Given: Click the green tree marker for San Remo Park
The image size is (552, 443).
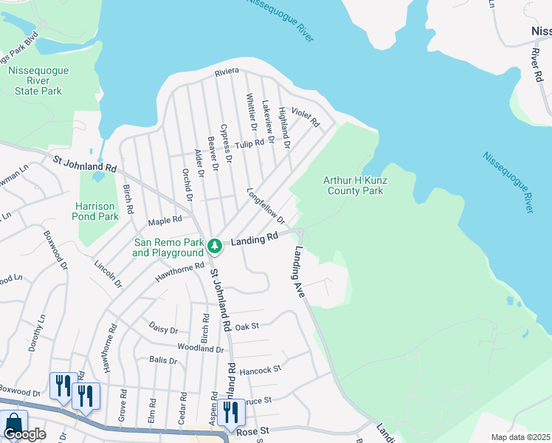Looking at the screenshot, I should (214, 245).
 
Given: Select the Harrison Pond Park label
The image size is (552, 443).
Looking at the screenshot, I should (97, 211).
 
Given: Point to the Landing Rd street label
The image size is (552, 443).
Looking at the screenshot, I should (254, 239).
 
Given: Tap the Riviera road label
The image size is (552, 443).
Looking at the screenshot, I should (227, 72).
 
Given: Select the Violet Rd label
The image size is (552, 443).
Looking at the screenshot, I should (304, 115).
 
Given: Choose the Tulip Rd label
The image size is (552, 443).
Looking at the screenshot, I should (249, 143).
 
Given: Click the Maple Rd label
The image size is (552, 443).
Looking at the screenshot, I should (165, 220).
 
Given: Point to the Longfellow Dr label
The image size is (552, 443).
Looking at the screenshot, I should (265, 206).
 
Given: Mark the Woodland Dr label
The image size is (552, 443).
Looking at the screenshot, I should (200, 348).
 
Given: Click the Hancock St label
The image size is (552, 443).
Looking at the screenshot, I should (266, 368).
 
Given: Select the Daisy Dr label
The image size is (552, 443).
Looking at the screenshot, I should (163, 329).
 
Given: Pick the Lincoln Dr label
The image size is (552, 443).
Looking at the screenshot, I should (108, 273).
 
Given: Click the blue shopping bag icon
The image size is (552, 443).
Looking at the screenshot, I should (13, 424).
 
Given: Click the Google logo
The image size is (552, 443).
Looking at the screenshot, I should (24, 434).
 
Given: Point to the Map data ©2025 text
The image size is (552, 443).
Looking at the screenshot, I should (520, 437).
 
